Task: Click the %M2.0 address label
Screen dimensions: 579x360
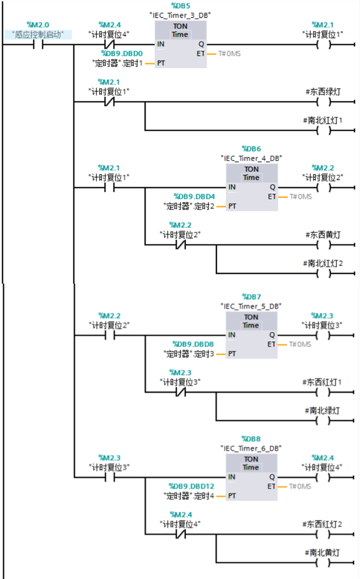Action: point(38,25)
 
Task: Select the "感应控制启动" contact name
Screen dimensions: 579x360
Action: point(38,34)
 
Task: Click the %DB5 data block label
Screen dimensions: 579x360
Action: point(180,6)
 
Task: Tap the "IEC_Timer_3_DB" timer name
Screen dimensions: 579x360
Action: point(180,15)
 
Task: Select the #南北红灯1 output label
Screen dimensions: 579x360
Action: point(323,120)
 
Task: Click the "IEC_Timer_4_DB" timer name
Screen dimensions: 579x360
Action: point(251,158)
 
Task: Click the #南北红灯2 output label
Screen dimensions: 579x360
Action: point(323,263)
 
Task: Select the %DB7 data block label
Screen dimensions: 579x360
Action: point(251,297)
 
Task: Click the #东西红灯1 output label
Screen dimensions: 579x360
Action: point(322,382)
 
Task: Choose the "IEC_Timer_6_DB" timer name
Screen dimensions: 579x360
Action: point(251,448)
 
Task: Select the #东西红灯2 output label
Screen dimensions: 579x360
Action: point(322,524)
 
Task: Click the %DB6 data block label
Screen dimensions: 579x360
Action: point(251,149)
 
